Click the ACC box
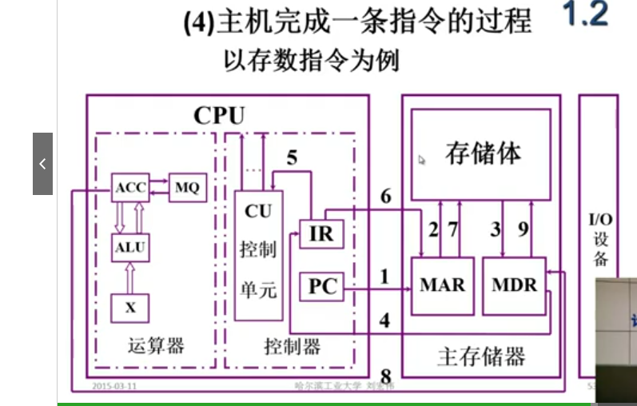130,188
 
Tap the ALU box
129,247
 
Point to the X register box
129,307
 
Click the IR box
320,234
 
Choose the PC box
322,286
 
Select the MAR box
442,285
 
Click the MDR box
514,285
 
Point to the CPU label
218,115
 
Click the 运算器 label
155,346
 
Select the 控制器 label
292,346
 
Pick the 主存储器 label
481,356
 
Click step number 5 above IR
292,157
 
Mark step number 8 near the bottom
385,376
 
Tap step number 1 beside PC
384,277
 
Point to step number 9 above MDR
523,229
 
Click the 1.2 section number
586,16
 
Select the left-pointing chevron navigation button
42,164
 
